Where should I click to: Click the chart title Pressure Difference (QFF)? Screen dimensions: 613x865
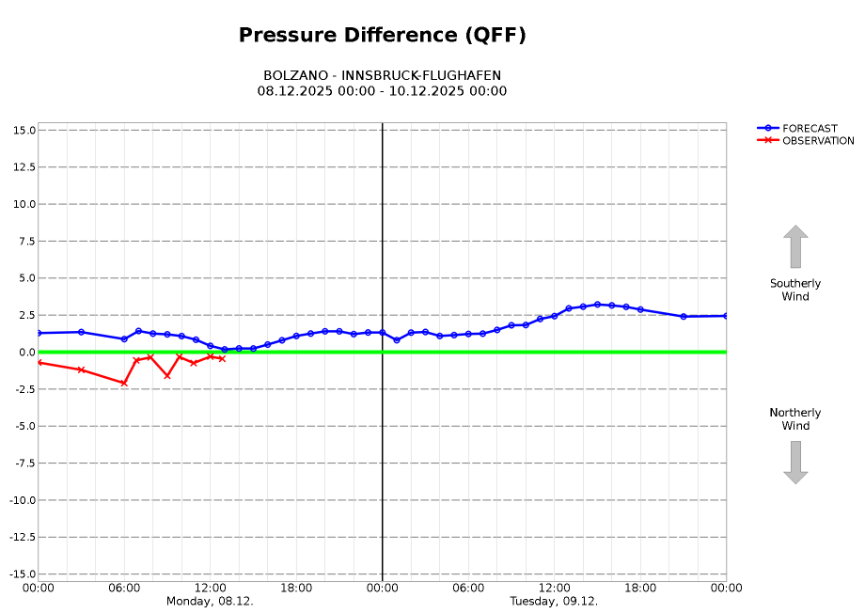(382, 36)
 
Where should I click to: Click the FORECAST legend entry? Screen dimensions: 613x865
(810, 129)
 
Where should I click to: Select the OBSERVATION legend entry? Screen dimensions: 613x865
(818, 141)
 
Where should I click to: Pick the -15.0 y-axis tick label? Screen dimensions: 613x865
(20, 574)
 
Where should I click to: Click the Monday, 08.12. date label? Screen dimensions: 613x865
(210, 601)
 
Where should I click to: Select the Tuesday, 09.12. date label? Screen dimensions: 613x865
(554, 601)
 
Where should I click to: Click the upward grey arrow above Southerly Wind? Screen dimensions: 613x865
(795, 246)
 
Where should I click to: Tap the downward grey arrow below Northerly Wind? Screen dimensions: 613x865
(795, 463)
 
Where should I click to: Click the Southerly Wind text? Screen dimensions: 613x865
(795, 290)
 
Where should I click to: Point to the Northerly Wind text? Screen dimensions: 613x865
(795, 419)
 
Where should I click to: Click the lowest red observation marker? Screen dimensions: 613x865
(124, 383)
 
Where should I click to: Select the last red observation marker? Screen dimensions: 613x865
(222, 359)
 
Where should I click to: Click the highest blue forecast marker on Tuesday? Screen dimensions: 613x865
(597, 305)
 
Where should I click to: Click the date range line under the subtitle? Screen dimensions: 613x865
(382, 91)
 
